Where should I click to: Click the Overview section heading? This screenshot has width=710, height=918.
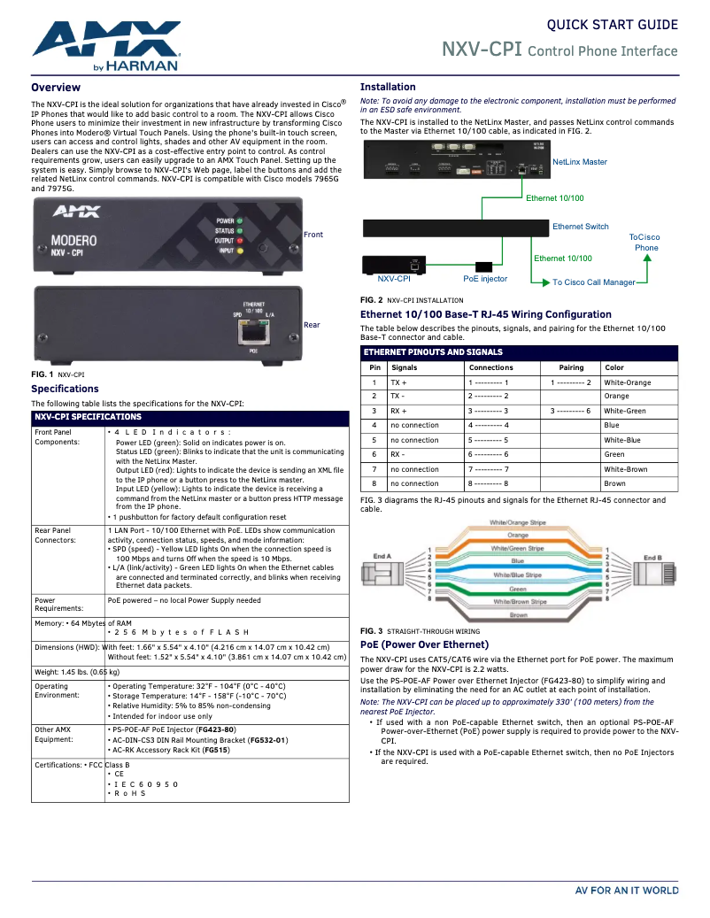coord(56,88)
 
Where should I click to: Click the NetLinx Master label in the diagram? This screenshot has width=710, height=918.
coord(580,162)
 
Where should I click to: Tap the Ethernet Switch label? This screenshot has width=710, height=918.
coord(581,227)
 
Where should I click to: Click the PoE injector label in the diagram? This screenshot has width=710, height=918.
coord(485,279)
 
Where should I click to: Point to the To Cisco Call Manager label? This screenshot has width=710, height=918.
coord(594,282)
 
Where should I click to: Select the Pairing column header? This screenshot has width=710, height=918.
coord(571,367)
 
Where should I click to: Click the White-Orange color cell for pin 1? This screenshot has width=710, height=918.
coord(627,382)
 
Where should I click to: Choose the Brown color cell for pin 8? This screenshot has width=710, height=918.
coord(614,483)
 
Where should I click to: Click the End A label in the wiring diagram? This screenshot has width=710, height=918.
coord(382,556)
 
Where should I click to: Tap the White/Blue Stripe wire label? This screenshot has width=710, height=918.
coord(518,575)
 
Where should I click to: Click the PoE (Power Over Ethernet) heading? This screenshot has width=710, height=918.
coord(424,644)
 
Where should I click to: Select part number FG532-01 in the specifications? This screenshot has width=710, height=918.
coord(267,739)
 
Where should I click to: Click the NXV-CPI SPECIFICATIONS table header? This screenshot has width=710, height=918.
coord(88,416)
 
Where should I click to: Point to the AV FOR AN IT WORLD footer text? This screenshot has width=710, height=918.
coord(627,891)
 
